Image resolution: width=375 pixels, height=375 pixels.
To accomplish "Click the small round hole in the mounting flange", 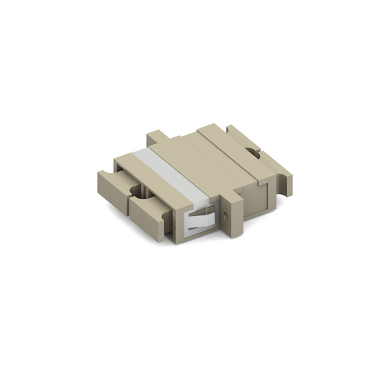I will coord(226,209).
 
